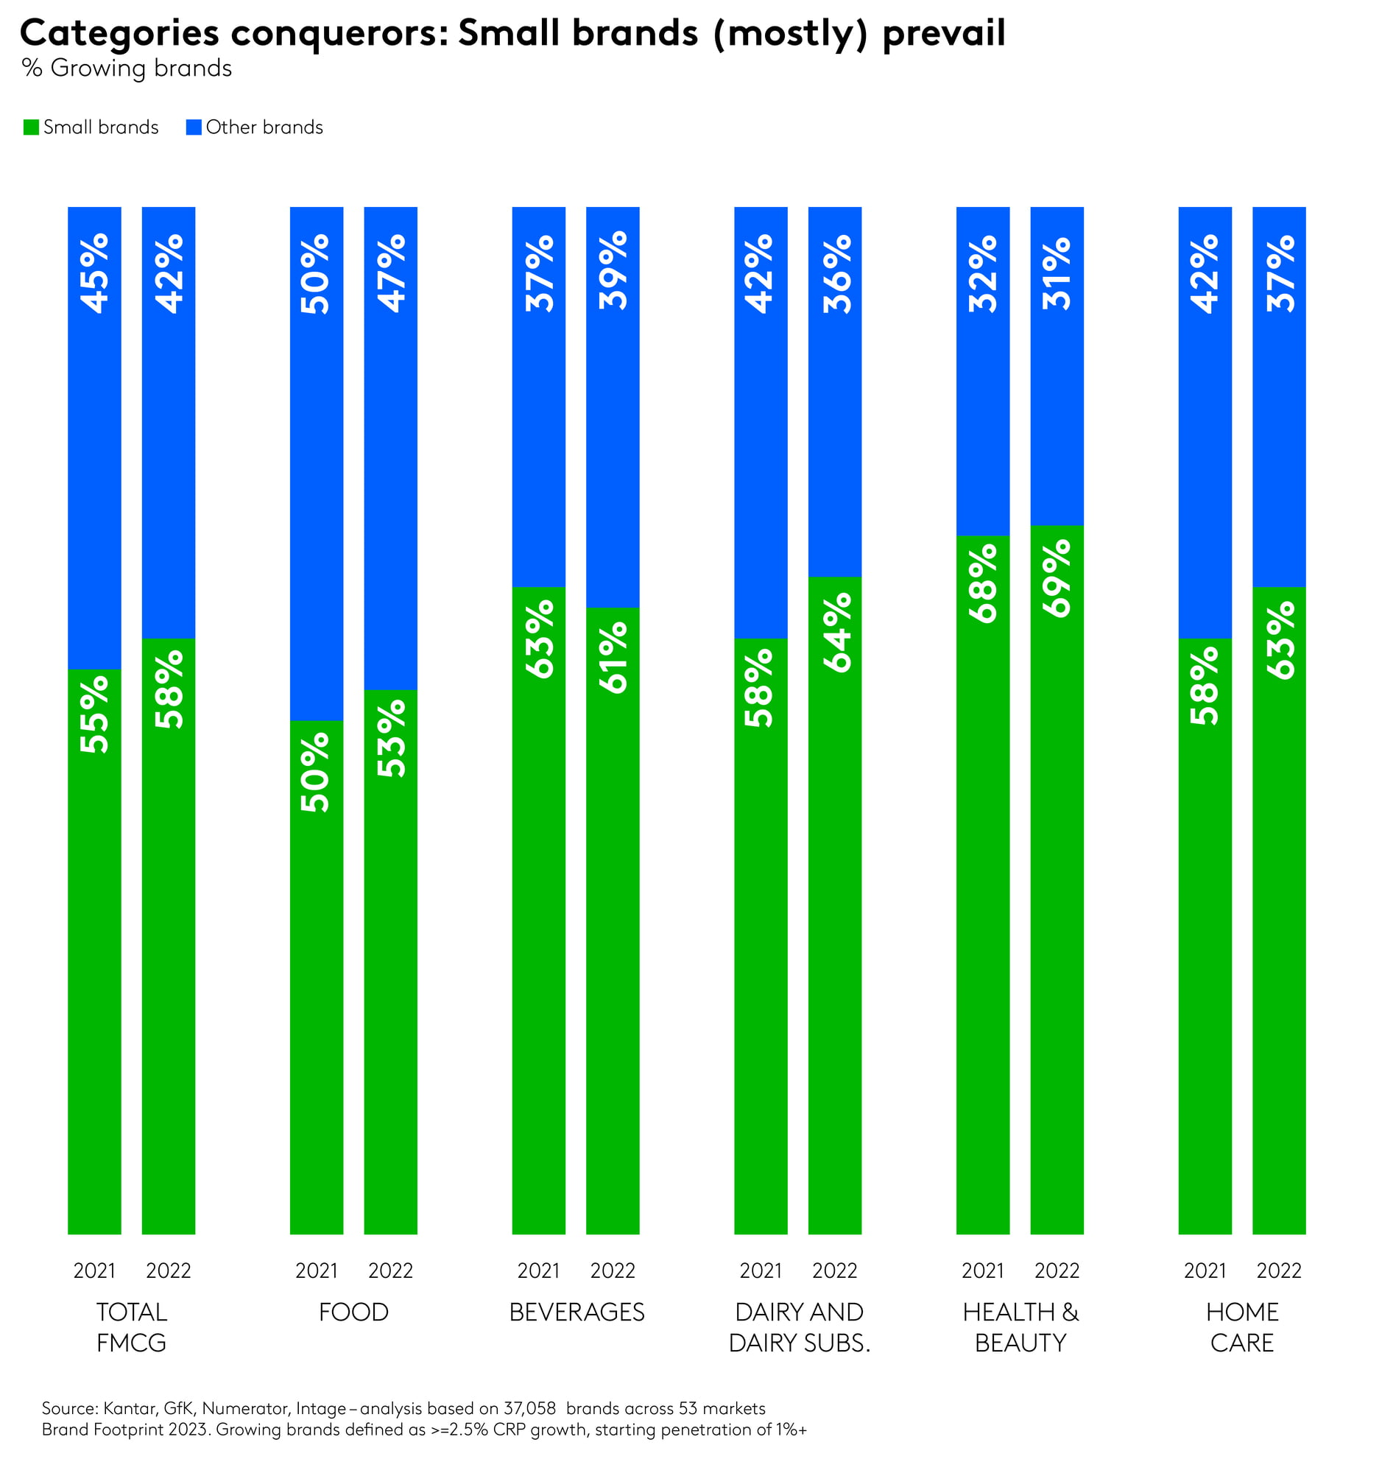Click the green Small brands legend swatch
pyautogui.click(x=31, y=127)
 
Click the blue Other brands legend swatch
pyautogui.click(x=194, y=127)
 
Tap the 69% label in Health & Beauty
pyautogui.click(x=1057, y=578)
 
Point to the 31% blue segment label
pyautogui.click(x=1057, y=273)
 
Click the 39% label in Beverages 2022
pyautogui.click(x=613, y=270)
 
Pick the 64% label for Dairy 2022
pyautogui.click(x=836, y=632)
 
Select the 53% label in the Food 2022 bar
pyautogui.click(x=391, y=738)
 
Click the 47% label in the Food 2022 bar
pyautogui.click(x=391, y=273)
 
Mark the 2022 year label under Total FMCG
pyautogui.click(x=169, y=1270)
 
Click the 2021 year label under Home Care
pyautogui.click(x=1205, y=1270)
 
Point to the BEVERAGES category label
pyautogui.click(x=577, y=1312)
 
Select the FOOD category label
pyautogui.click(x=354, y=1312)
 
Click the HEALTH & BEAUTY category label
pyautogui.click(x=1020, y=1327)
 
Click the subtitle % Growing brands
pyautogui.click(x=127, y=68)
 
